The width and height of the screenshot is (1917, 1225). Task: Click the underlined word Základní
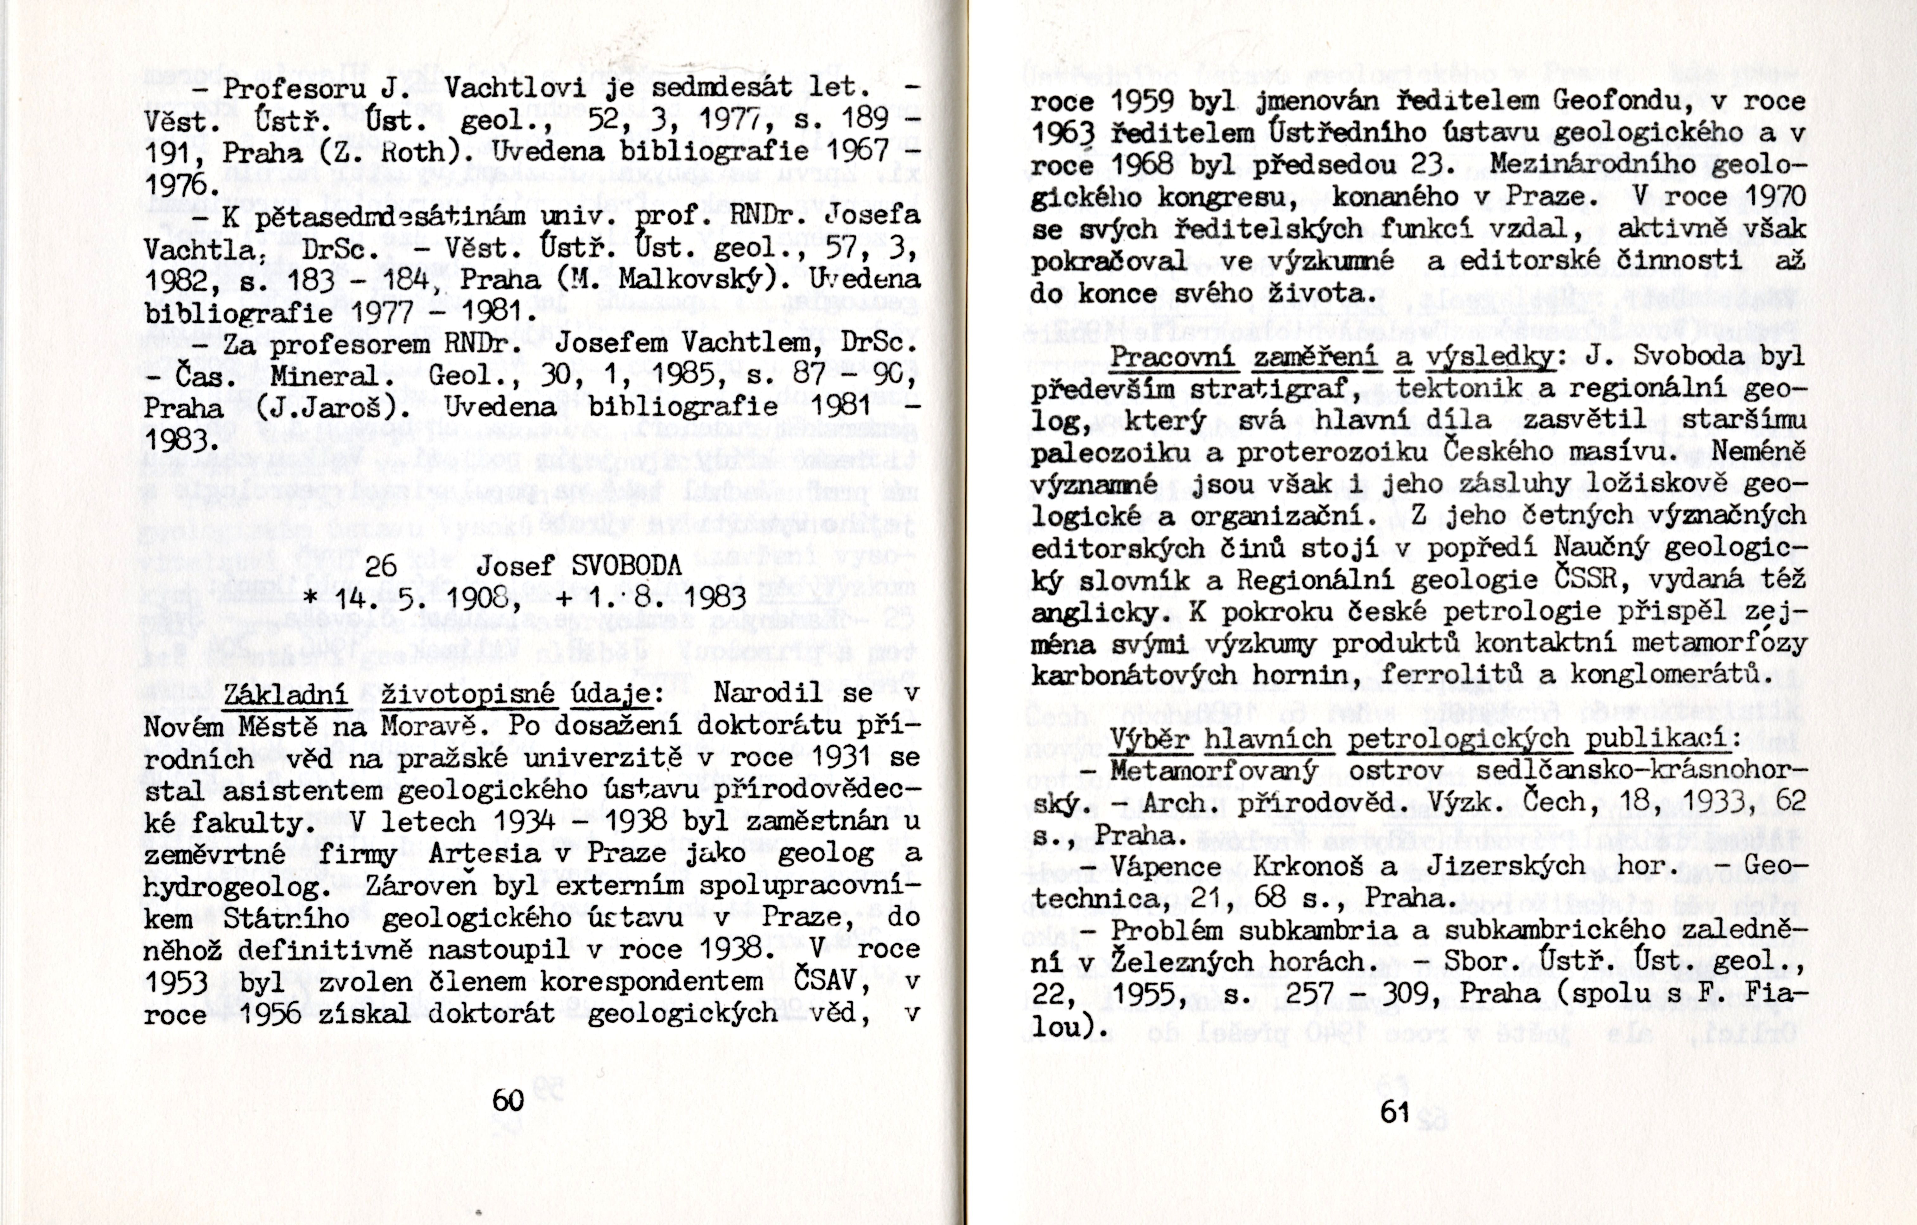[x=287, y=694]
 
